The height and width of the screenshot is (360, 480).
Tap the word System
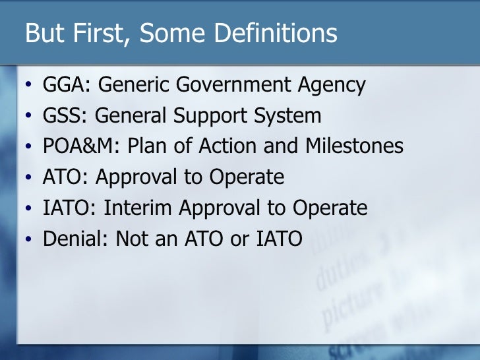[x=291, y=117]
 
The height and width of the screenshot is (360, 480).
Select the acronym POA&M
[x=75, y=147]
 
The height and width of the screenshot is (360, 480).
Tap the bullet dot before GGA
[x=28, y=87]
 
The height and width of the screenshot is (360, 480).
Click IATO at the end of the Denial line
[x=277, y=239]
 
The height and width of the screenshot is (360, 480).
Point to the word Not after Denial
[x=132, y=239]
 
